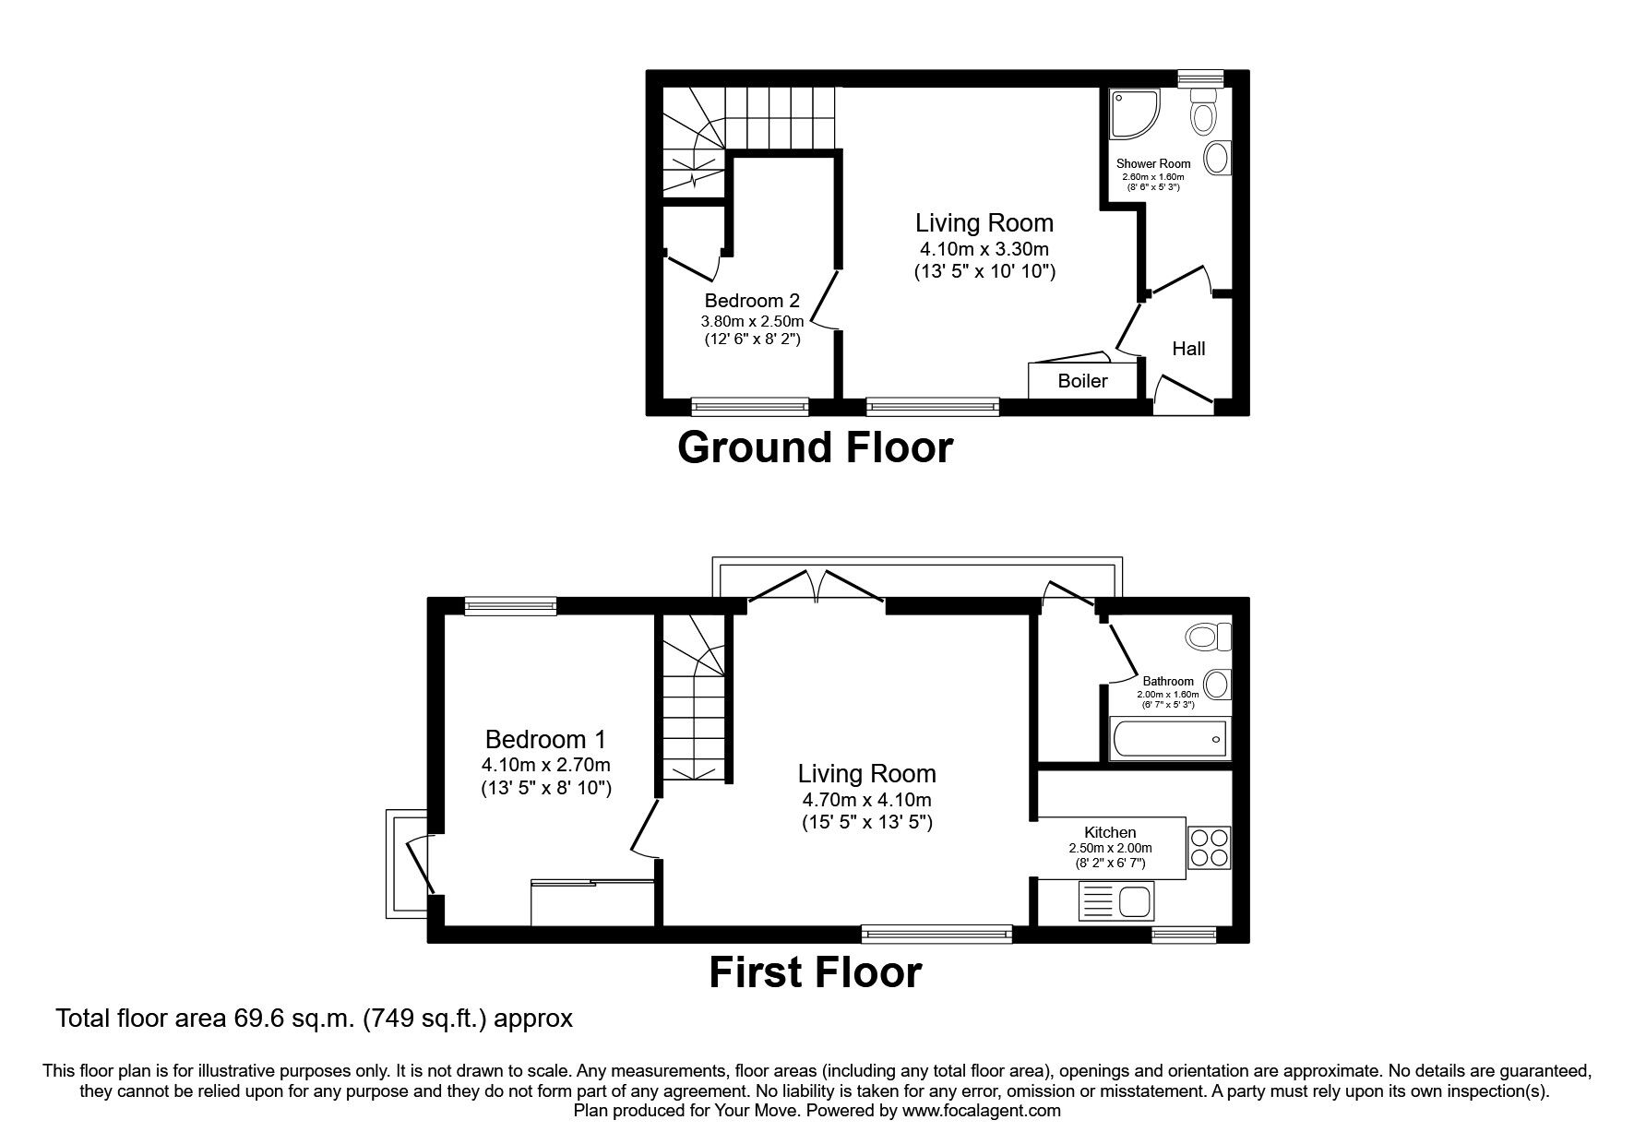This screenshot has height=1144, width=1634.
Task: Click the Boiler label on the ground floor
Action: point(1082,381)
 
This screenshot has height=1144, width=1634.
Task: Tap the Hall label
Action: point(1188,349)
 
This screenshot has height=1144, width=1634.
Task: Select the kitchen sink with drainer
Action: point(1115,900)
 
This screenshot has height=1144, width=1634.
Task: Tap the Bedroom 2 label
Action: point(751,301)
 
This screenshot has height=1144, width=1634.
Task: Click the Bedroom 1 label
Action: point(545,739)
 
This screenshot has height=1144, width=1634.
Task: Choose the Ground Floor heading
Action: point(815,447)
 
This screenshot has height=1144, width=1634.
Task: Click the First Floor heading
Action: point(815,972)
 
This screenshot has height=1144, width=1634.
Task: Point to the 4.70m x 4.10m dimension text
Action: point(866,800)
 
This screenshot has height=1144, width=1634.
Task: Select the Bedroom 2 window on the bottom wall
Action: point(749,406)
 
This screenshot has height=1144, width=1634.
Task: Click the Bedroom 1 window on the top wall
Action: point(510,605)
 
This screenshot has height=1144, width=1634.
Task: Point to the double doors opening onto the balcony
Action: point(816,589)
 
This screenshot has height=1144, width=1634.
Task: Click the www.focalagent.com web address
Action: point(981,1111)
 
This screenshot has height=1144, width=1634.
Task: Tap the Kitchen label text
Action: point(1110,832)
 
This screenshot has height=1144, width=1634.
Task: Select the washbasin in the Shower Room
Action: point(1218,158)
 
